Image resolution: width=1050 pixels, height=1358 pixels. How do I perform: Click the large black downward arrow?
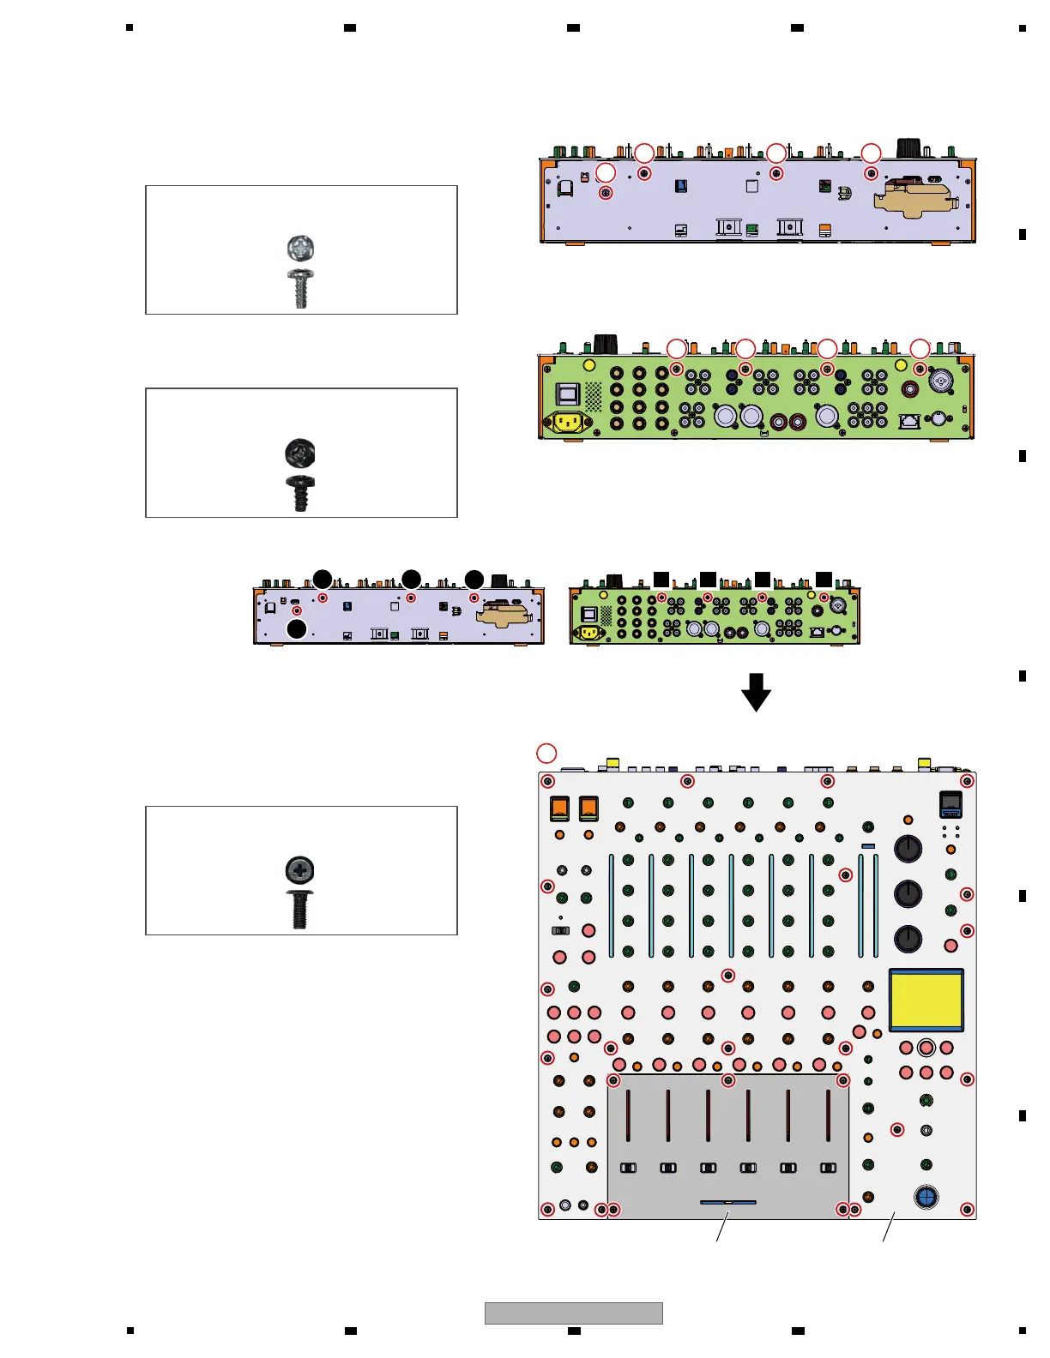756,692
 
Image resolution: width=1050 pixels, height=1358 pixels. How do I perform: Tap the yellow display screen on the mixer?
926,1000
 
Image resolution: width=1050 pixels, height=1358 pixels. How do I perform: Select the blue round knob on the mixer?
926,1197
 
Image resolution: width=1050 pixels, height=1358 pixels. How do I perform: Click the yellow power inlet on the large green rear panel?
567,422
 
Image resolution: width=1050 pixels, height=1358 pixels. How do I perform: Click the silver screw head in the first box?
300,249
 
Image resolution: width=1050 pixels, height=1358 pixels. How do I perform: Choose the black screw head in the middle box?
300,452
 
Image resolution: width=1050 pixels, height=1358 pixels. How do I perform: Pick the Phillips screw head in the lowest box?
300,869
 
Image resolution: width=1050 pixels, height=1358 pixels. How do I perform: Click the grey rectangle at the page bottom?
573,1313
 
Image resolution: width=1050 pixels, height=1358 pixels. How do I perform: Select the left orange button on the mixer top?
559,808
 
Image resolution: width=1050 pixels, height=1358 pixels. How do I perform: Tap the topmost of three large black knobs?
908,848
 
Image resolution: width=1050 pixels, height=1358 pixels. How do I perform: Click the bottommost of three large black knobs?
908,938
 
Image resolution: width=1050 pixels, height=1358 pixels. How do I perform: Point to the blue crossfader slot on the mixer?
727,1202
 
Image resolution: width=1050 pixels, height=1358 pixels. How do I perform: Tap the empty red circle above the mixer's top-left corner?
546,754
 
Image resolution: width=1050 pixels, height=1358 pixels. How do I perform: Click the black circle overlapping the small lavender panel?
297,629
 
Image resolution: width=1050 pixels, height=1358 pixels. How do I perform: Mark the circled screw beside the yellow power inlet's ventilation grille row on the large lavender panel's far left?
606,193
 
